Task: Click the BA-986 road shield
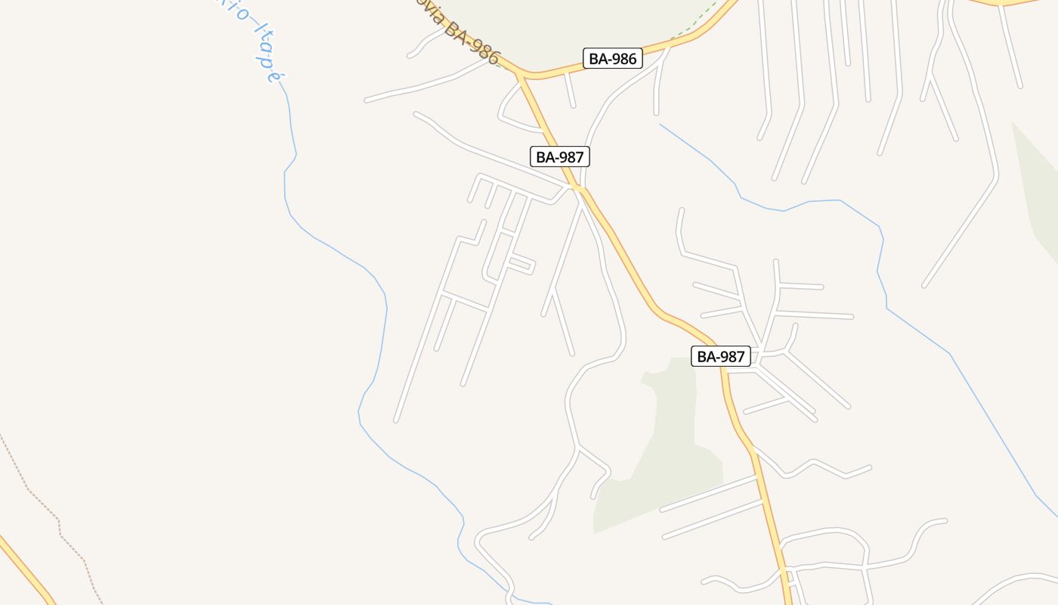(612, 58)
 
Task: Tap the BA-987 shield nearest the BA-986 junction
(559, 157)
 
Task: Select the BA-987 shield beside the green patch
(720, 356)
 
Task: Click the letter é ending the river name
(274, 73)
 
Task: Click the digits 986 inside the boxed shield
(623, 58)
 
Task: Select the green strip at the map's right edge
(1039, 197)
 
